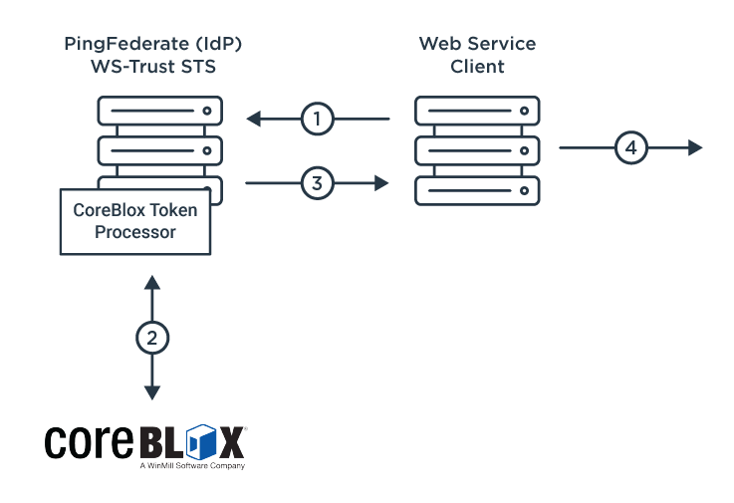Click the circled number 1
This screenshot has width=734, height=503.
[x=317, y=120]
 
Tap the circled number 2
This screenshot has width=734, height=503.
[x=151, y=338]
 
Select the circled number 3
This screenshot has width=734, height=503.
[x=317, y=183]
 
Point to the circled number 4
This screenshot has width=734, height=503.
[x=629, y=148]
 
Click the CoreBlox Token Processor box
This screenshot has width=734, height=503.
[x=134, y=221]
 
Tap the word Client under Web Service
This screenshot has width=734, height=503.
[x=476, y=68]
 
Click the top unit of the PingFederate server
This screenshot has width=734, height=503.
[x=159, y=111]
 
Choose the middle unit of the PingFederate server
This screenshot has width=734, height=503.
[x=159, y=150]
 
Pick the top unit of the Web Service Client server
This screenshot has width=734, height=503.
[x=476, y=111]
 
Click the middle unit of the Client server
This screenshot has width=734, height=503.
[x=476, y=150]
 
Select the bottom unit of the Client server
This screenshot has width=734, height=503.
[x=476, y=190]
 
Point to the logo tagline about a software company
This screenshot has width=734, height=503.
[x=191, y=465]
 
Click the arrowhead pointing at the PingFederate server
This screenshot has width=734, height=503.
[x=253, y=120]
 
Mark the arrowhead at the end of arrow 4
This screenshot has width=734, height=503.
[x=695, y=148]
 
